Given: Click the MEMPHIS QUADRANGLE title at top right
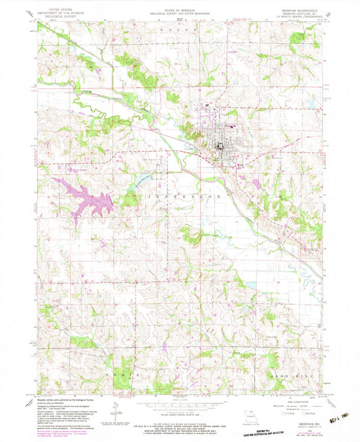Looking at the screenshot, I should click(299, 11).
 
